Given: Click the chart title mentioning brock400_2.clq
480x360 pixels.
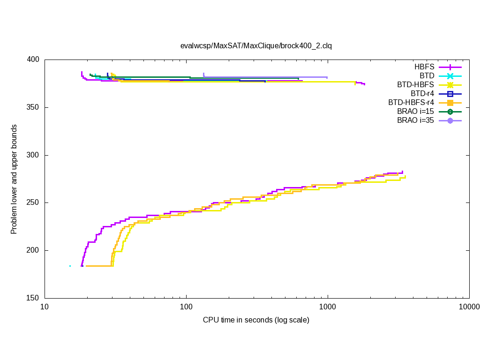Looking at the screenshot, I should click(x=256, y=45).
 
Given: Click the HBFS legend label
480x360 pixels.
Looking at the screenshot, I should click(x=424, y=67).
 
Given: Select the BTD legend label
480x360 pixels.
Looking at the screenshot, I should click(x=427, y=76).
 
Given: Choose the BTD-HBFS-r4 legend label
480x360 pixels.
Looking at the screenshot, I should click(x=411, y=103).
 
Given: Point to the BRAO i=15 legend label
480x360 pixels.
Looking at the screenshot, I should click(x=415, y=112).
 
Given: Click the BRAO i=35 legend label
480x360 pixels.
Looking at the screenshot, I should click(x=415, y=120).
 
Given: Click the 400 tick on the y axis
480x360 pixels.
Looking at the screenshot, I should click(x=34, y=60).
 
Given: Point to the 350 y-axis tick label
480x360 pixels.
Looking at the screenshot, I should click(x=34, y=108).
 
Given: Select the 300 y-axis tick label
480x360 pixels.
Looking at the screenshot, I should click(x=34, y=155).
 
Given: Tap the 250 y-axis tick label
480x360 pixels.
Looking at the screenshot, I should click(x=34, y=203).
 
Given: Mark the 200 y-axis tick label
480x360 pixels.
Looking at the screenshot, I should click(x=34, y=250).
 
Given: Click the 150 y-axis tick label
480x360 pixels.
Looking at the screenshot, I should click(x=34, y=298).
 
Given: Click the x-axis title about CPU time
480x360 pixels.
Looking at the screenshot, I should click(x=256, y=320).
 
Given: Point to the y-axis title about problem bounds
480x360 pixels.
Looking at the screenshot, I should click(x=14, y=179).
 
